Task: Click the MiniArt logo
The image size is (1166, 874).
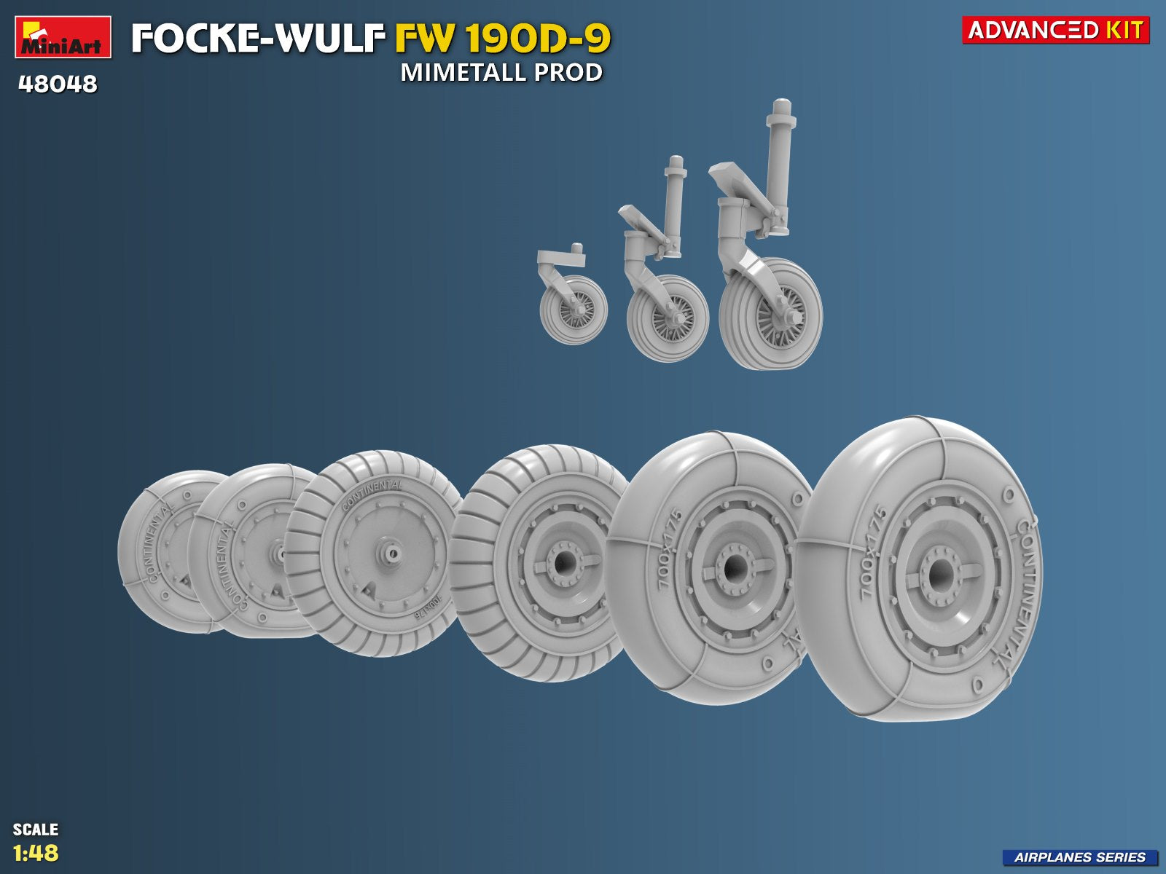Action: [63, 36]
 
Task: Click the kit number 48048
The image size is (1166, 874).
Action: [58, 84]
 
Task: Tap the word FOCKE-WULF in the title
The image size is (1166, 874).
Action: [258, 39]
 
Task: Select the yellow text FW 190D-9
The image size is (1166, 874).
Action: [502, 39]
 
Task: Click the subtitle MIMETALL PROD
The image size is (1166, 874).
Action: [501, 73]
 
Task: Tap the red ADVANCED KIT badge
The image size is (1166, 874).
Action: [1055, 30]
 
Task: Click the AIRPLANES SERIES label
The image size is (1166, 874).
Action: [1079, 857]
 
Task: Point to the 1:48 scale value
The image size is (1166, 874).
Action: [36, 853]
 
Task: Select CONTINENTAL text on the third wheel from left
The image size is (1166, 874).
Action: [372, 494]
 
